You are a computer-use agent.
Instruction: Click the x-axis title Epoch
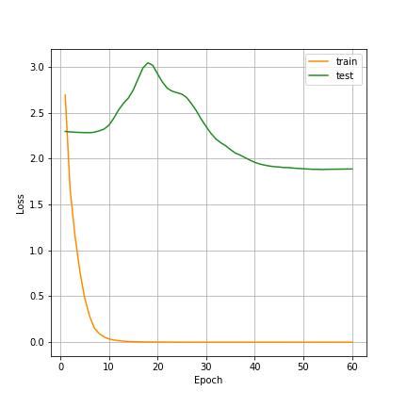coord(208,381)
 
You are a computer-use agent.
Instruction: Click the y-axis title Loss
coord(21,203)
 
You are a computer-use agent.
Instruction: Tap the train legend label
coord(346,61)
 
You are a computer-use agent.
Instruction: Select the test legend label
coord(344,75)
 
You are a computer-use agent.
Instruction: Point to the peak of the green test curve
coord(148,63)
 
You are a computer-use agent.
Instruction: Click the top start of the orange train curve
coord(65,95)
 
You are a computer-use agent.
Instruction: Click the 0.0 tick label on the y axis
coord(37,342)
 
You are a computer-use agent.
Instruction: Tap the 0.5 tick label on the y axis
coord(37,297)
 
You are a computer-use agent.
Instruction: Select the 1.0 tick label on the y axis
coord(37,251)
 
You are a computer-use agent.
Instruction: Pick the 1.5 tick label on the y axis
coord(37,204)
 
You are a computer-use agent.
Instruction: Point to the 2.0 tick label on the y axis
coord(37,159)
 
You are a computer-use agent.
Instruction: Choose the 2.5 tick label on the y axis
coord(37,113)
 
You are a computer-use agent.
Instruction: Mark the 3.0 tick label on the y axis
coord(37,68)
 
